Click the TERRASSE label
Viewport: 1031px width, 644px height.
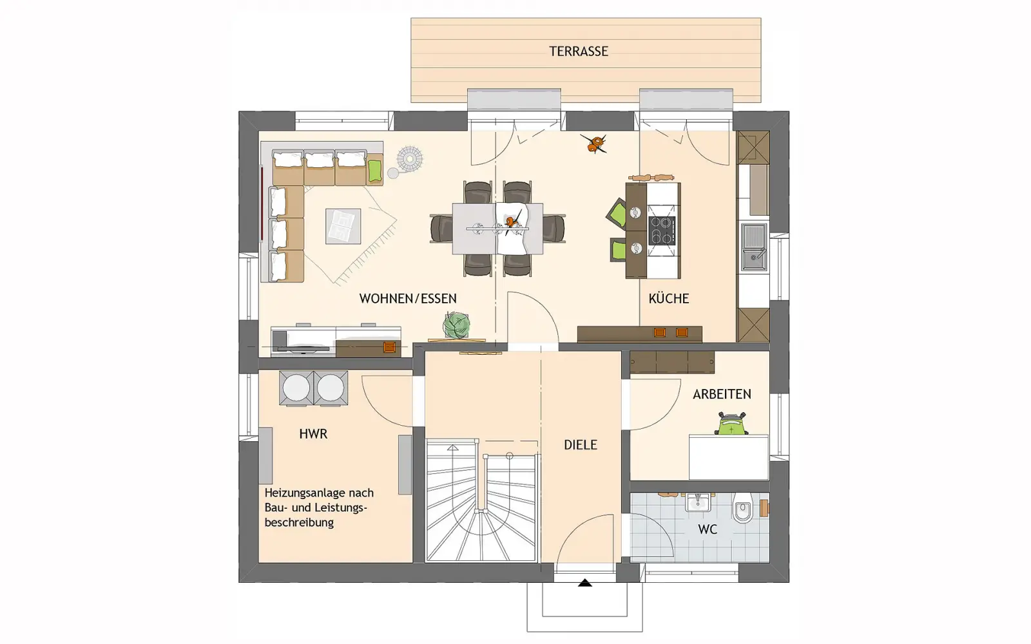coord(579,51)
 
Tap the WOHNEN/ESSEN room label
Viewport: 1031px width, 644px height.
coord(408,299)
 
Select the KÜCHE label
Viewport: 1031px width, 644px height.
coord(668,299)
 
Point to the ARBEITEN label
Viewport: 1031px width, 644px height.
coord(722,394)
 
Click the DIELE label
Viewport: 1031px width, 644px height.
coord(581,445)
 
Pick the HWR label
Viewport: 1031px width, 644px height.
coord(313,434)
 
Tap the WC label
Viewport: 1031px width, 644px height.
coord(708,529)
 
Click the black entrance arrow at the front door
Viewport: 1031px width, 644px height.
coord(584,583)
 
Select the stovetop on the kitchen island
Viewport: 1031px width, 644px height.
coord(662,230)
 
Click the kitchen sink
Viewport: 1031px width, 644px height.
coord(753,247)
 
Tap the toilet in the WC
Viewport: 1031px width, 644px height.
coord(742,507)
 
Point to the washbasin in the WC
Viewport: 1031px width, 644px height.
coord(699,502)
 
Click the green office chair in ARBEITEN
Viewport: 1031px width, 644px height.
coord(731,424)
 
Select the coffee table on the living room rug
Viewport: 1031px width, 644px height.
coord(343,226)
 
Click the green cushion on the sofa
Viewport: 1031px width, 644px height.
coord(375,171)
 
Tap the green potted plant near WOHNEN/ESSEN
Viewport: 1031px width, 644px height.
coord(457,325)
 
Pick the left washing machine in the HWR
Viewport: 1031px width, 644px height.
coord(296,388)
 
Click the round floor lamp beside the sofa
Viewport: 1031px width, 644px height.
coord(409,158)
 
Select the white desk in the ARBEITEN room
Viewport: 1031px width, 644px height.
coord(729,457)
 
